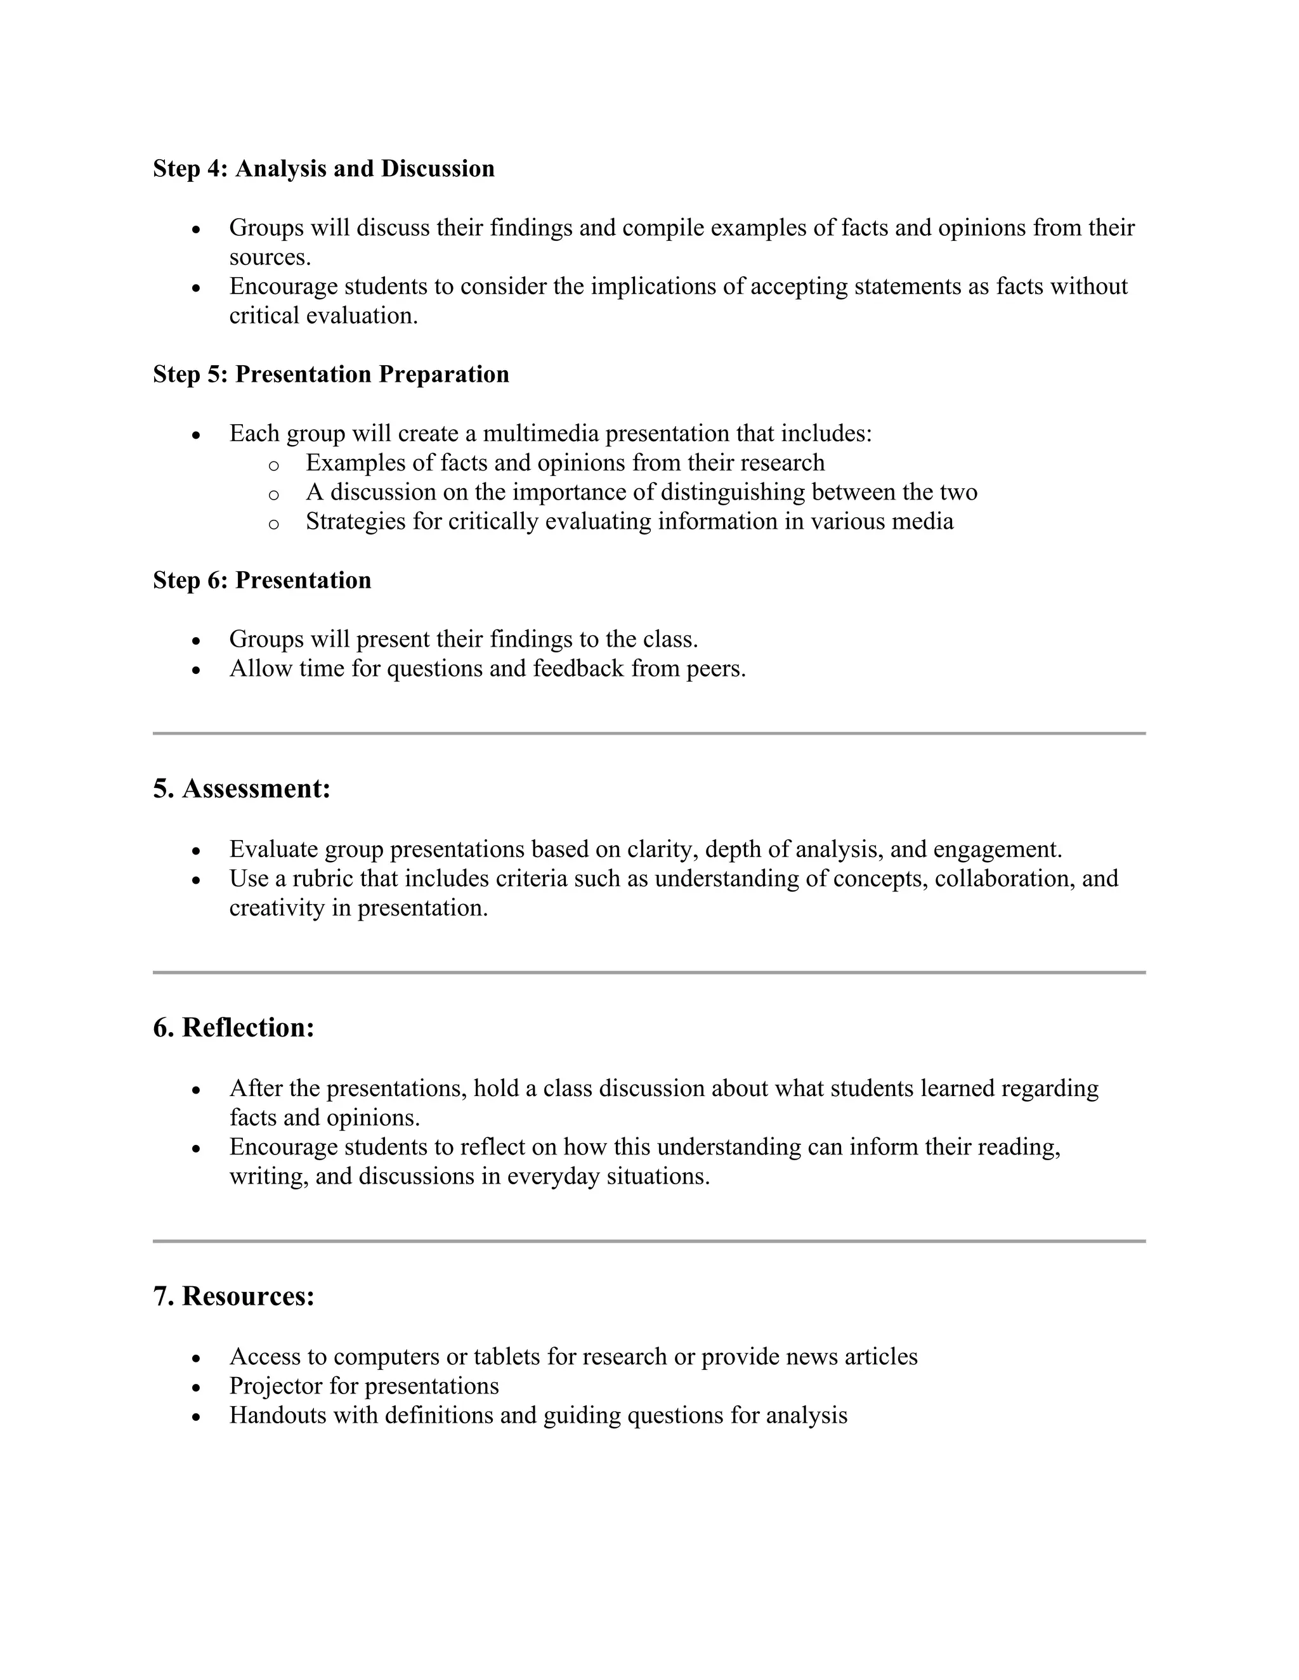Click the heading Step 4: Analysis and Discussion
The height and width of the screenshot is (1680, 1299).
323,169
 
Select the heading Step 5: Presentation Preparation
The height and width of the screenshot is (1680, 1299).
331,374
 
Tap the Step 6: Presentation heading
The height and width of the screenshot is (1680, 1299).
262,579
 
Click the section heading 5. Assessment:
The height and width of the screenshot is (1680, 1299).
242,789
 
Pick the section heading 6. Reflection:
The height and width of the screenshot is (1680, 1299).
233,1028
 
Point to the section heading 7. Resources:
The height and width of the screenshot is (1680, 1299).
233,1296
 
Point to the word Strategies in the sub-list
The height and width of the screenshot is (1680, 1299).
356,522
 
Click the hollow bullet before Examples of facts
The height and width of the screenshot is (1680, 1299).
273,465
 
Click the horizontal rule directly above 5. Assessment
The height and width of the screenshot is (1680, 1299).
649,733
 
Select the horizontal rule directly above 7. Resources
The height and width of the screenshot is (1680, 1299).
649,1241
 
